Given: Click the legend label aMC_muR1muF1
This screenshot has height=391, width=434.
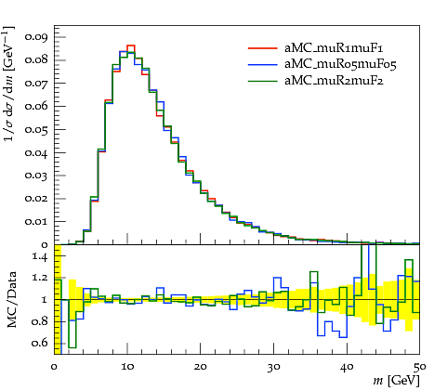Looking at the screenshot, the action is pyautogui.click(x=334, y=48).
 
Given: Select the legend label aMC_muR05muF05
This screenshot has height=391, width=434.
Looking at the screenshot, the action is pyautogui.click(x=340, y=64).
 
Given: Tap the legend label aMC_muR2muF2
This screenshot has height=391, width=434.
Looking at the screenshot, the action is pyautogui.click(x=334, y=81).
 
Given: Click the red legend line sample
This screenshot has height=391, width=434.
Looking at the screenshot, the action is pyautogui.click(x=262, y=48).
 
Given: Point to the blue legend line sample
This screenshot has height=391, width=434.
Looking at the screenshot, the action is pyautogui.click(x=262, y=64).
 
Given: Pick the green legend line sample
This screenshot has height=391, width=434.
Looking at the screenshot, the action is pyautogui.click(x=262, y=81).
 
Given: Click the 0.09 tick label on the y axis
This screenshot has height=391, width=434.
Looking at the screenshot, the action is pyautogui.click(x=36, y=37).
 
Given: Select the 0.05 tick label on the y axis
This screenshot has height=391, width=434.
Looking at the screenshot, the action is pyautogui.click(x=36, y=130).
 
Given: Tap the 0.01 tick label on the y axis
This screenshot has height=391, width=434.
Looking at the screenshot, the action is pyautogui.click(x=36, y=222).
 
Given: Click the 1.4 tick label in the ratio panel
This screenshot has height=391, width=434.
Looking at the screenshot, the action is pyautogui.click(x=40, y=256).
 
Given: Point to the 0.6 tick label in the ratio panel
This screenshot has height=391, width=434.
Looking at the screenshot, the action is pyautogui.click(x=40, y=343).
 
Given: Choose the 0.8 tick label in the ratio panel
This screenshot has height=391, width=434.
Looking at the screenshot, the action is pyautogui.click(x=40, y=321).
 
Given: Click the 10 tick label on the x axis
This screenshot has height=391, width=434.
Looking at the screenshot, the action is pyautogui.click(x=127, y=367).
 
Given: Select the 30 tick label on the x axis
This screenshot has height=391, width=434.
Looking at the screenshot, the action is pyautogui.click(x=273, y=367).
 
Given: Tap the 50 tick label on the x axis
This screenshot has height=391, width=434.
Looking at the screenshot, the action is pyautogui.click(x=420, y=367).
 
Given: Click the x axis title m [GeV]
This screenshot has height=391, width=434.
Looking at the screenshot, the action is pyautogui.click(x=396, y=381).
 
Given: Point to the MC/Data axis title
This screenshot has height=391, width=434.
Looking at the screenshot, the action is pyautogui.click(x=11, y=300).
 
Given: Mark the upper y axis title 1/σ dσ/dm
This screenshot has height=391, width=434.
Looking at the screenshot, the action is pyautogui.click(x=9, y=84).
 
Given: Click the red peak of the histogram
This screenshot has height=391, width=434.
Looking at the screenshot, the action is pyautogui.click(x=131, y=46).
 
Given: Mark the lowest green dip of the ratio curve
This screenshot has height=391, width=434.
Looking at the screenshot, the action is pyautogui.click(x=72, y=347).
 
